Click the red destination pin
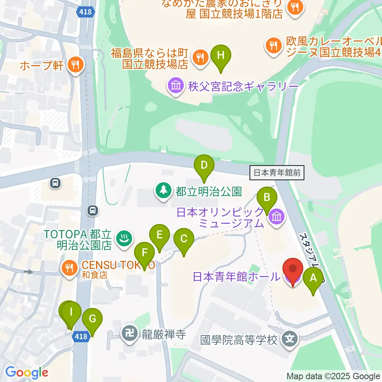[292, 271]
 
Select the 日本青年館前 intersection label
[278, 173]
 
